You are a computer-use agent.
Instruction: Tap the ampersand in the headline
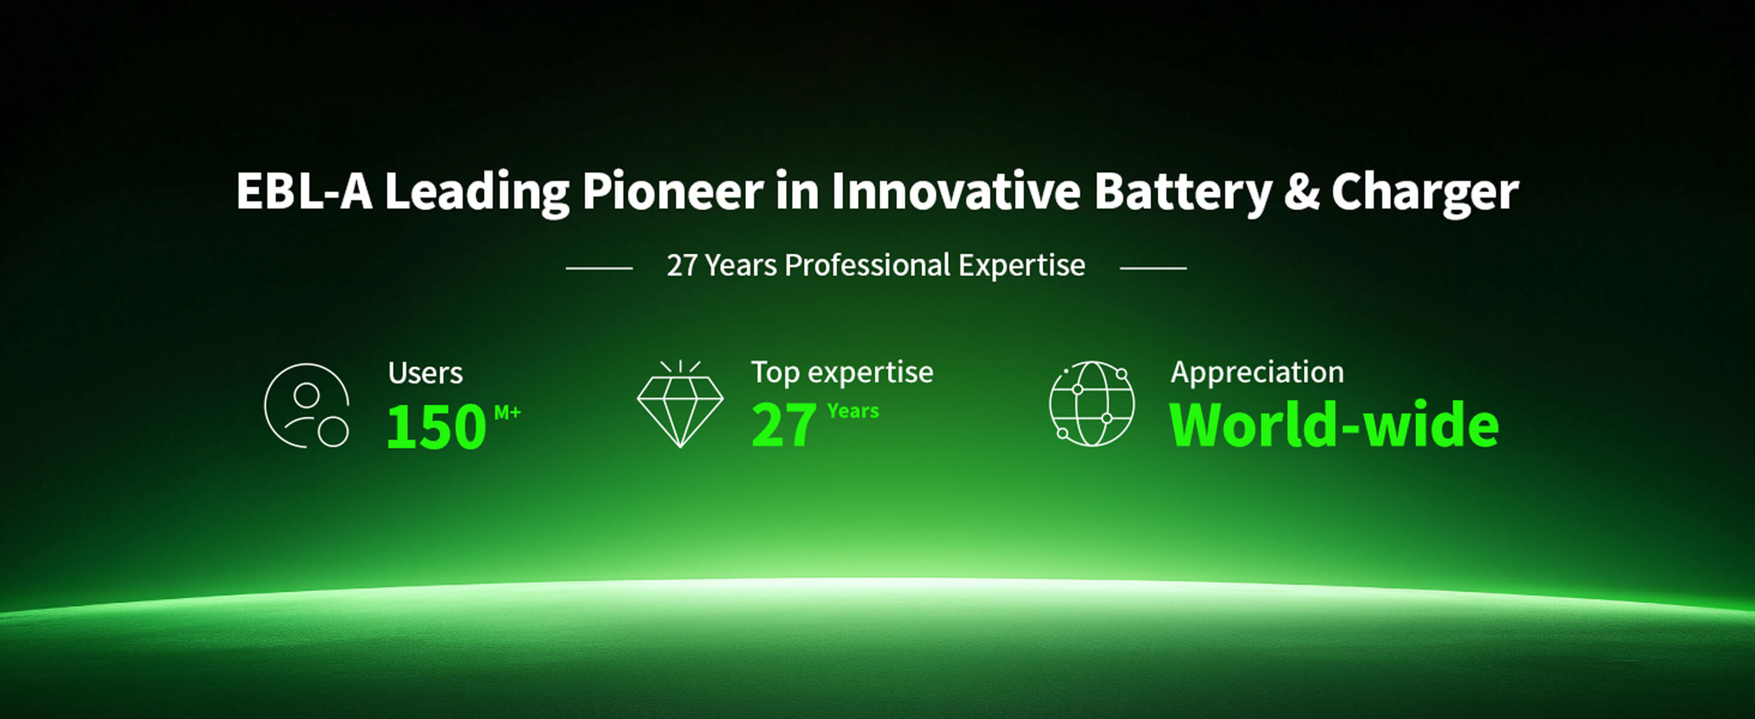tap(1302, 191)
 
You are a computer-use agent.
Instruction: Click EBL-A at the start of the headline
tap(304, 191)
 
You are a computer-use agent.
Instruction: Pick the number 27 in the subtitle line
tap(682, 265)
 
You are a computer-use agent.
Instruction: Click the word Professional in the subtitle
tap(867, 265)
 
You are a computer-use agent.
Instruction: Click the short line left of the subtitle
tap(599, 268)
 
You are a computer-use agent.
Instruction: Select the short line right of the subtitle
tap(1153, 268)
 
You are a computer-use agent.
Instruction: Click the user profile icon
tap(306, 405)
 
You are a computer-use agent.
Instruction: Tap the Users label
tap(425, 373)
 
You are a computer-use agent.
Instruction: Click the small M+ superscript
tap(507, 412)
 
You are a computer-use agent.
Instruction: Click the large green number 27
tap(783, 425)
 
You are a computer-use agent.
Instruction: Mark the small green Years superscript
tap(853, 411)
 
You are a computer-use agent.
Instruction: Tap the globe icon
tap(1092, 404)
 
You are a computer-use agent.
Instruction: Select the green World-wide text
tap(1334, 425)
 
